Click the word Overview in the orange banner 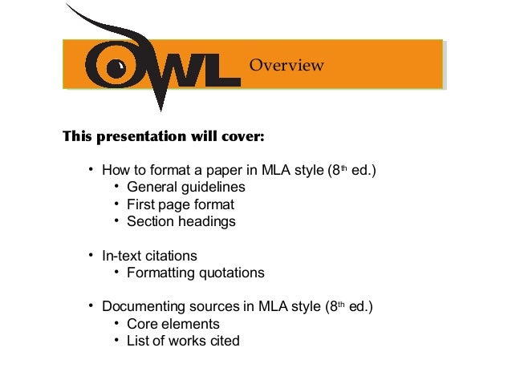point(286,65)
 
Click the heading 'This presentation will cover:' point(164,135)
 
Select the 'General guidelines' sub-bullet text point(185,188)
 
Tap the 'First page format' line point(181,204)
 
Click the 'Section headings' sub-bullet point(181,221)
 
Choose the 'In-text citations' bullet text point(148,256)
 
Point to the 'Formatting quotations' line point(195,273)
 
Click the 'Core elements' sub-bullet point(173,324)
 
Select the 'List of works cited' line point(183,341)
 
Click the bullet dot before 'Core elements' point(117,323)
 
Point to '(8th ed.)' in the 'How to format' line point(350,170)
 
